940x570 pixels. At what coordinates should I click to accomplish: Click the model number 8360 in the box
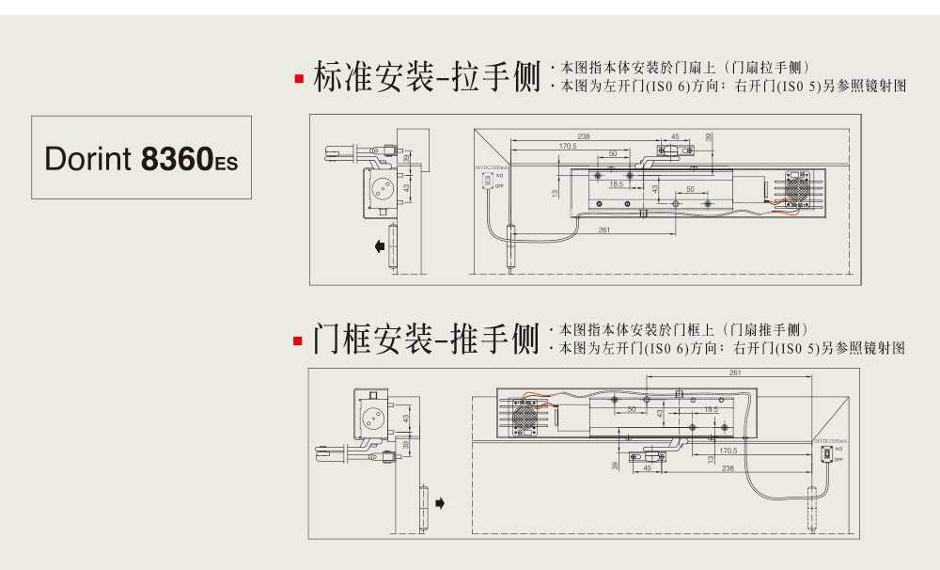click(177, 158)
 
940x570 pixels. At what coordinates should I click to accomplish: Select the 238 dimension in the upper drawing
click(584, 137)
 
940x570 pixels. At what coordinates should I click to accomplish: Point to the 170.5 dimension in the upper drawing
click(568, 146)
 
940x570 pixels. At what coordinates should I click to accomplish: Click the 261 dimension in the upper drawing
click(604, 230)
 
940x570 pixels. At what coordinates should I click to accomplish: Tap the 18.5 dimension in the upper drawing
click(616, 184)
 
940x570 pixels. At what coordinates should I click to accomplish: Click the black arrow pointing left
click(378, 246)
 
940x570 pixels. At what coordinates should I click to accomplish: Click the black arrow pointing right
click(439, 503)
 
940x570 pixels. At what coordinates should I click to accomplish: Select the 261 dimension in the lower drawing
click(734, 372)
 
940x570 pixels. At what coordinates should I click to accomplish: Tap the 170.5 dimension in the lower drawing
click(728, 451)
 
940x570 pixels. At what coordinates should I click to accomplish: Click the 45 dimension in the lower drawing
click(647, 467)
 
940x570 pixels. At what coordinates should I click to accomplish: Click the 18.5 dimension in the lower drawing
click(711, 409)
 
